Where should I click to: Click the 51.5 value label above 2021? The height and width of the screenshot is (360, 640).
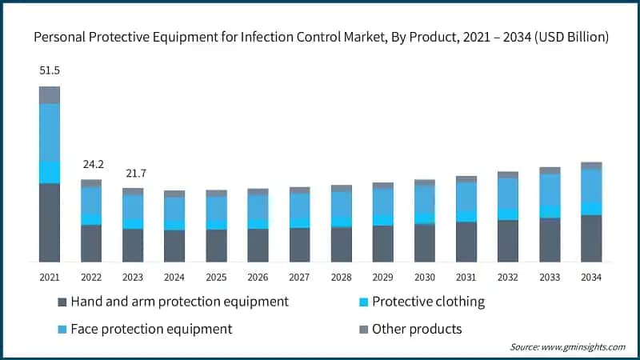tap(50, 70)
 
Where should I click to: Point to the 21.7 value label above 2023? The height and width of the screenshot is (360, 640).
tap(133, 174)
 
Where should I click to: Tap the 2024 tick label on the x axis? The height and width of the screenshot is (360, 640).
tap(174, 276)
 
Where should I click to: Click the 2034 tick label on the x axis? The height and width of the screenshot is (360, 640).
tap(590, 276)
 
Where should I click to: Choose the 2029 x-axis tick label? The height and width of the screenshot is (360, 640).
tap(382, 276)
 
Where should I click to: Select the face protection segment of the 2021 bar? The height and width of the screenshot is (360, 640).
tap(50, 132)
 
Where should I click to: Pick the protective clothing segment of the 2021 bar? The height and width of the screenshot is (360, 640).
tap(50, 172)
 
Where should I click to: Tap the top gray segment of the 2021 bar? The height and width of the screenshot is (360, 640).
tap(50, 94)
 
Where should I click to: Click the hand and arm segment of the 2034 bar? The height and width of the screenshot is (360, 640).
tap(591, 238)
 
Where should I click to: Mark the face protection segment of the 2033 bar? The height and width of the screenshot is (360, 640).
tap(550, 190)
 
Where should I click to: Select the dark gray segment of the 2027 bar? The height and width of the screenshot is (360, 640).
tap(299, 244)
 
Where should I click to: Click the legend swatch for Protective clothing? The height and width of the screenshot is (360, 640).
tap(364, 302)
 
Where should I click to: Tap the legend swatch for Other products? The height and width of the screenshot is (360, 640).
tap(364, 330)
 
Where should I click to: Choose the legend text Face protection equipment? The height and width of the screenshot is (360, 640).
tap(151, 329)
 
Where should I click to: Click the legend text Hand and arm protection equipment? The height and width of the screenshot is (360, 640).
tap(179, 302)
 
